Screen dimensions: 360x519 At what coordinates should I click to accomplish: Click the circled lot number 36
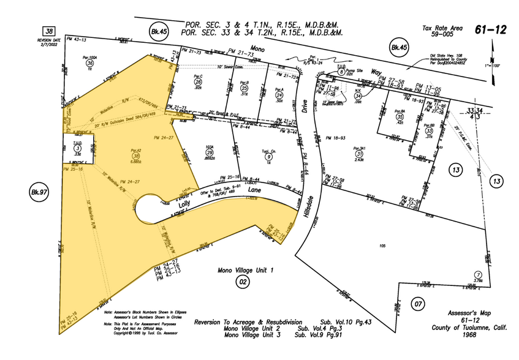[x=90, y=62]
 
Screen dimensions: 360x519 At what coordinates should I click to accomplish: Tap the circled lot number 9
[x=268, y=157]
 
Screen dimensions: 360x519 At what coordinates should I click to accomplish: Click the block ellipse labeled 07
[x=418, y=303]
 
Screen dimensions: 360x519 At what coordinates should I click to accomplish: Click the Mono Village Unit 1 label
[x=246, y=270]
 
